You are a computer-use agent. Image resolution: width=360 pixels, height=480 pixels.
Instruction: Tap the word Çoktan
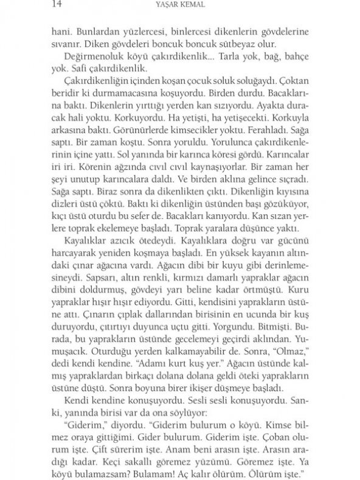click(295, 80)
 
